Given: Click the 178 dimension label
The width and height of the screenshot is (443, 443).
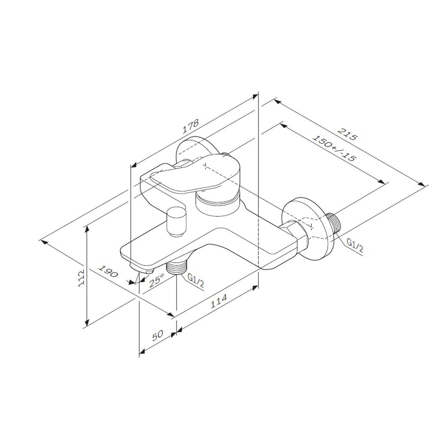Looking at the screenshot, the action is point(191,126).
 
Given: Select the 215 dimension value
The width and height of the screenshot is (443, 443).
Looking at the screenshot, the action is point(348,134).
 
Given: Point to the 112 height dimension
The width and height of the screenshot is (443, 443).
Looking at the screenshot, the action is point(81,278).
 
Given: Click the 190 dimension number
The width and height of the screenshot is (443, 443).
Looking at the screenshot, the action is point(108,271).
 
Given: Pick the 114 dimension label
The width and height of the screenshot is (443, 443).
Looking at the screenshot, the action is point(219,301).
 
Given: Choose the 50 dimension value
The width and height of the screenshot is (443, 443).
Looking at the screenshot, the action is point(157,335).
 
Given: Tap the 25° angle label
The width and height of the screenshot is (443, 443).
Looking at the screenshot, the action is point(157,280).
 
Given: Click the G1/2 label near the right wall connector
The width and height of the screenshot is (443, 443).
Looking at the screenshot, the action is point(355,245).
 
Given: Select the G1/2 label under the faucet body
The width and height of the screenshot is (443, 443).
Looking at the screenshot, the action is point(196,281).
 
